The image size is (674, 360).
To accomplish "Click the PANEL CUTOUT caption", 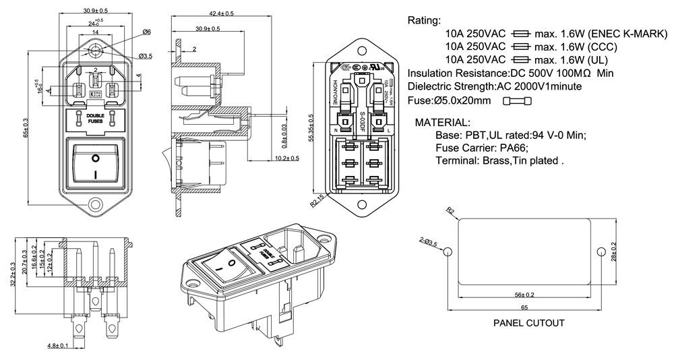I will [x=528, y=323].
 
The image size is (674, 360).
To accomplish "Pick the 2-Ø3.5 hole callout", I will [x=428, y=241].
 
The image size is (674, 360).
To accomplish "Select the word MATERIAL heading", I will [x=443, y=123].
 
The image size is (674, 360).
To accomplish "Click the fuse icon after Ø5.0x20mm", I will [x=518, y=100].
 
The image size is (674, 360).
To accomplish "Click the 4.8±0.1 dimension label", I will [x=57, y=346].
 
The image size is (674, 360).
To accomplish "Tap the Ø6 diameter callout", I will [x=147, y=32].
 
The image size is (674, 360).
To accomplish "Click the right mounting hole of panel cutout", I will [x=600, y=251].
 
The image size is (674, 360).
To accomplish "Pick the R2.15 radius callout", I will [x=317, y=200].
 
